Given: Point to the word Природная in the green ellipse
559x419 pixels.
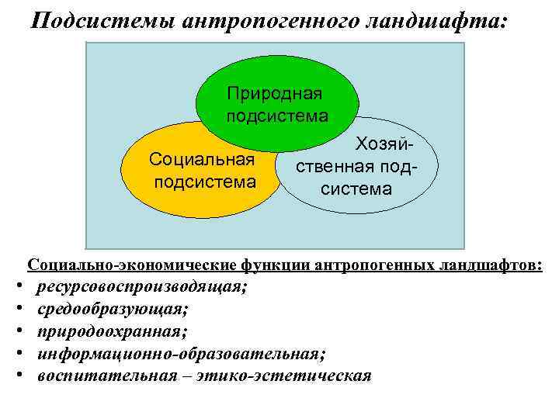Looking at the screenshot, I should pos(274,94).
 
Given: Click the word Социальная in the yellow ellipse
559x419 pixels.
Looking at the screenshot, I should pos(203,161).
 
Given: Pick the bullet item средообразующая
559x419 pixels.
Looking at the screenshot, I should pos(112,310).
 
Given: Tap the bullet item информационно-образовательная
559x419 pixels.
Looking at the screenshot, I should pos(181,354).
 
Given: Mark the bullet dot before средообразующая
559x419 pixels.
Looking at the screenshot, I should pos(18,310).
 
